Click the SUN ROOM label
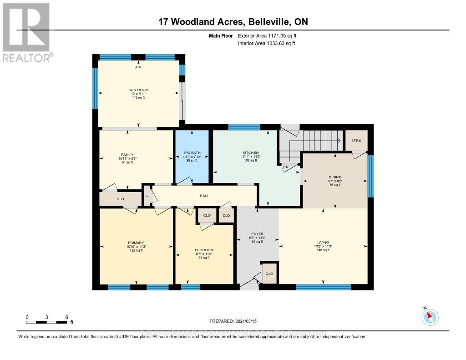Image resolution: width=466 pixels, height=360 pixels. click(138, 90)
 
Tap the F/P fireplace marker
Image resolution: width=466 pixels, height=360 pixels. click(138, 68)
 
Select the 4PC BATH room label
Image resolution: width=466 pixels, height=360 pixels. click(192, 152)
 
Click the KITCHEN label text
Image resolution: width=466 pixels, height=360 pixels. click(251, 152)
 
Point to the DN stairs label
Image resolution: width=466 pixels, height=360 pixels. click(286, 167)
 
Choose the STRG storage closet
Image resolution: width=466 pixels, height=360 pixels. click(356, 141)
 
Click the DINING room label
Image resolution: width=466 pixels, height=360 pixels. click(335, 177)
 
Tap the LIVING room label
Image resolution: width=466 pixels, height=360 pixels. click(323, 242)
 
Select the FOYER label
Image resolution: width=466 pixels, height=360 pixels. click(258, 233)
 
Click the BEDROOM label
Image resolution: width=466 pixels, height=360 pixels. click(204, 250)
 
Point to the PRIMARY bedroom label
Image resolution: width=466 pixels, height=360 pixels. click(136, 242)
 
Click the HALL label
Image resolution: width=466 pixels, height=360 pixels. click(204, 196)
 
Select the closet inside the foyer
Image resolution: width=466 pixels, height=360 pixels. click(269, 274)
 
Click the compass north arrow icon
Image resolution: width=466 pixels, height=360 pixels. click(430, 317)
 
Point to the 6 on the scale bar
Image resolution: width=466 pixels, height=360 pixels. click(67, 317)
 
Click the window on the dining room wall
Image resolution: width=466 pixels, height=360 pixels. click(370, 176)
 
